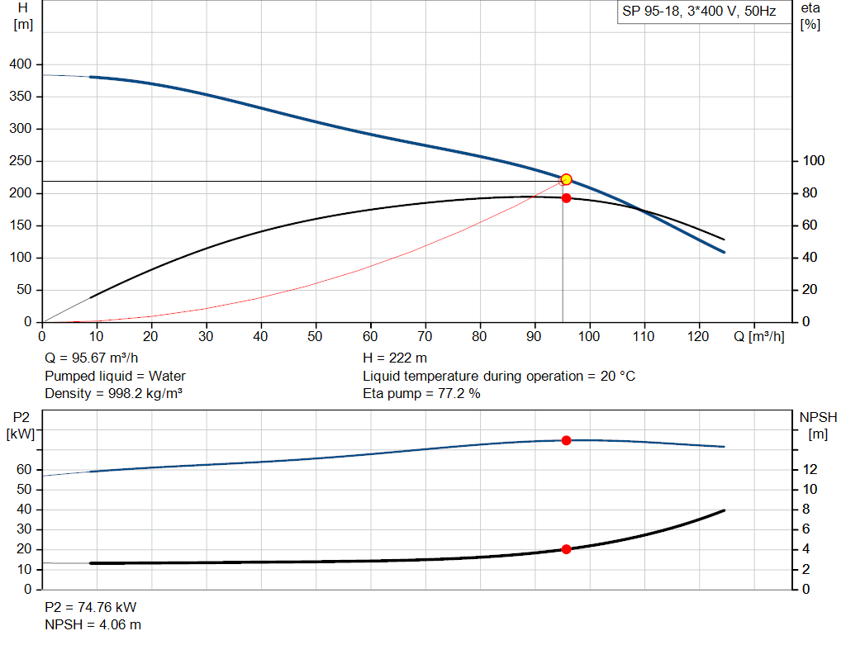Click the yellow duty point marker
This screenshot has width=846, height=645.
(x=566, y=179)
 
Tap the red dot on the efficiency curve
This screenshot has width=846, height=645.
(x=566, y=198)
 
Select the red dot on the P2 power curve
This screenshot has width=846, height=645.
(x=566, y=441)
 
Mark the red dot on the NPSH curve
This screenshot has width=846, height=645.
(x=566, y=549)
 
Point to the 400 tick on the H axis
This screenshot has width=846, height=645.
(x=21, y=64)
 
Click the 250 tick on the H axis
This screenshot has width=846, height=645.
(x=21, y=161)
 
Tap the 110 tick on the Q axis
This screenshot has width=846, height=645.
(x=644, y=336)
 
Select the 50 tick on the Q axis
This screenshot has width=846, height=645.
(x=315, y=336)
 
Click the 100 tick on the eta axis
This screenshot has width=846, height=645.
(x=814, y=161)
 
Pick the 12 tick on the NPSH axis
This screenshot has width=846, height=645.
(x=810, y=470)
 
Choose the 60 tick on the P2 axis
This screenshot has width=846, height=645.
(x=24, y=470)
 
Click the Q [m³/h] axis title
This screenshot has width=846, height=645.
(x=759, y=336)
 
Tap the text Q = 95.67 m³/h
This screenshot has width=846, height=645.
(x=92, y=358)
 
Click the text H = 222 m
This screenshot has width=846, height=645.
(x=395, y=358)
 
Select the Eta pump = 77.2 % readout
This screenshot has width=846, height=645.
(x=421, y=394)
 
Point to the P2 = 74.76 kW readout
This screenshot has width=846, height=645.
(x=91, y=607)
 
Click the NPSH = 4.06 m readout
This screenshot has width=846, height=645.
(x=93, y=625)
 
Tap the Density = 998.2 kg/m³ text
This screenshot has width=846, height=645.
(x=113, y=394)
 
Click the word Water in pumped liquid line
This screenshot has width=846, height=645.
(x=167, y=376)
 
